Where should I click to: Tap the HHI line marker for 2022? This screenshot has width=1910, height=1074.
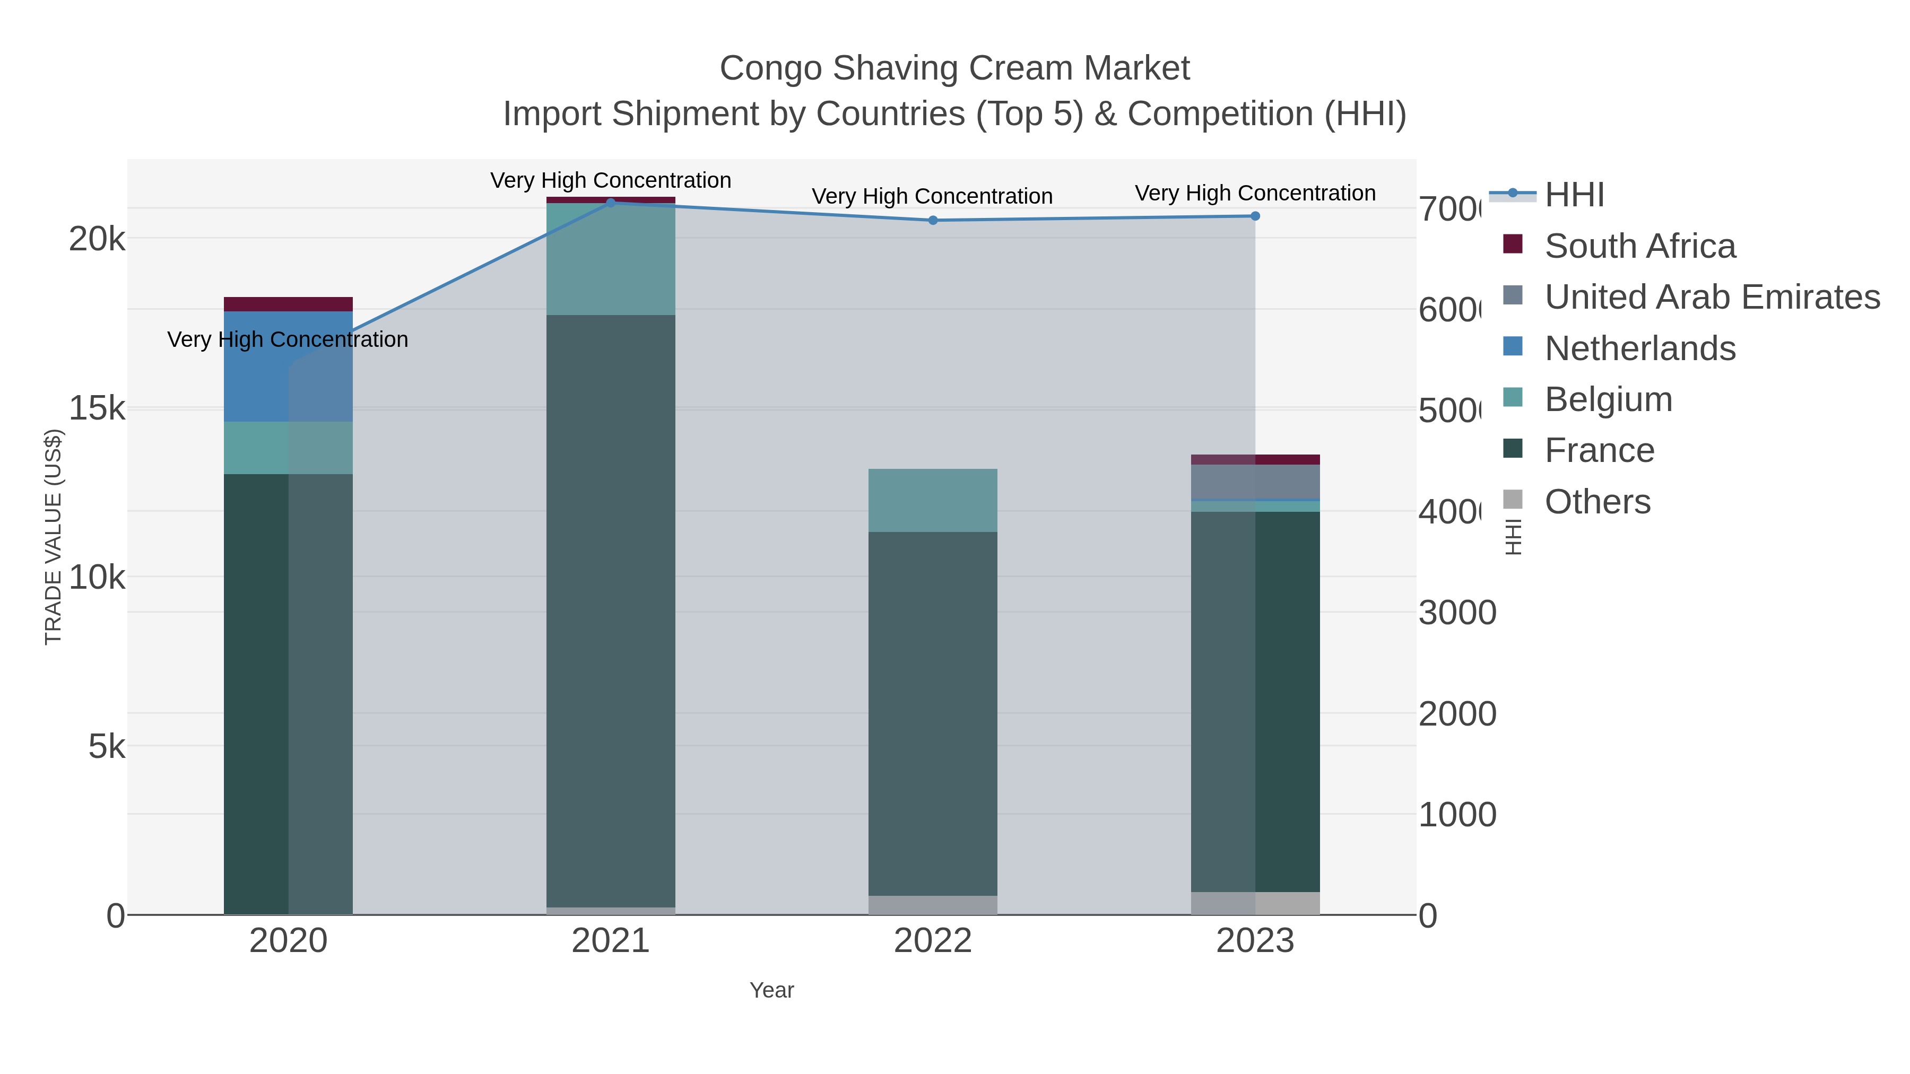[933, 220]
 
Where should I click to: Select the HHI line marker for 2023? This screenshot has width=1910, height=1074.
[1255, 216]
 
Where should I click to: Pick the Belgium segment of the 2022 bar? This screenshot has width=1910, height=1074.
[932, 500]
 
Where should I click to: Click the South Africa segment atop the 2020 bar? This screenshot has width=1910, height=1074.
[288, 304]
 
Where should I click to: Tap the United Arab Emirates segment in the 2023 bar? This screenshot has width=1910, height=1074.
[1255, 483]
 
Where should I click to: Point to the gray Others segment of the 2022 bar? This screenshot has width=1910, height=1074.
[932, 905]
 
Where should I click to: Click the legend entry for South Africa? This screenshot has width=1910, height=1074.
[1639, 246]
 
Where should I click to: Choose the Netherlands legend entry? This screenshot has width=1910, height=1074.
[1639, 348]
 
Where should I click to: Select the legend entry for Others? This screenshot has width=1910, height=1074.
[1597, 502]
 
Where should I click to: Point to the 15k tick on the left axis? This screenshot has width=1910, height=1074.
[97, 408]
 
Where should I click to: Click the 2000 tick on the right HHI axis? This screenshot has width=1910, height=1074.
[1456, 714]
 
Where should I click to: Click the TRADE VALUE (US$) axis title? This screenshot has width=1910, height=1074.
[54, 537]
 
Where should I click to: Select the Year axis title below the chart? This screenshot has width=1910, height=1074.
[771, 990]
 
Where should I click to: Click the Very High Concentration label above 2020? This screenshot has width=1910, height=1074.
[288, 339]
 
